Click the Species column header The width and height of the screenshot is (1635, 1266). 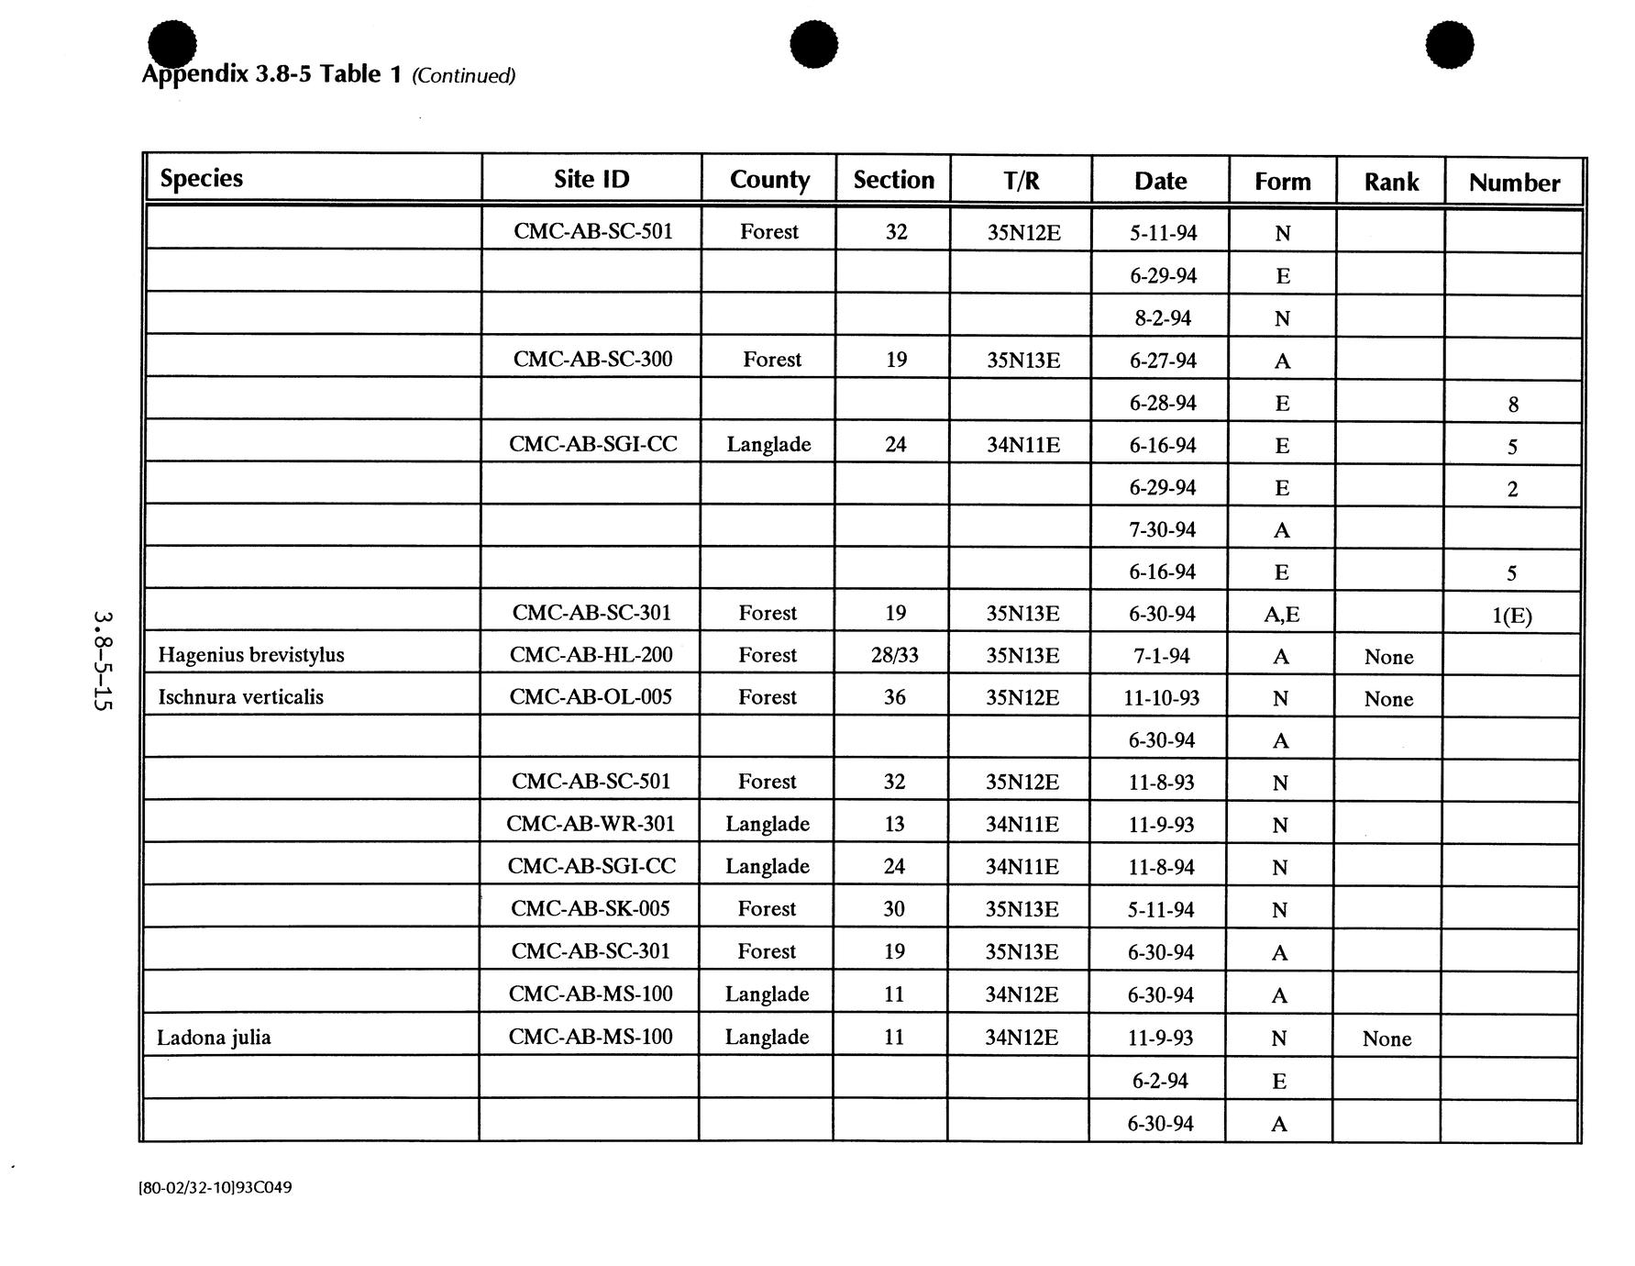(202, 178)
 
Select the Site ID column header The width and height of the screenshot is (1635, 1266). (591, 179)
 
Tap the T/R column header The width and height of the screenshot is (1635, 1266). (1022, 180)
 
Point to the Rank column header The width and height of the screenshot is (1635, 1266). (1391, 182)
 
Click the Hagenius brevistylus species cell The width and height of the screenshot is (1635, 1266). (251, 655)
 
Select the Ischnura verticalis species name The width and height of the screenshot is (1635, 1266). (241, 697)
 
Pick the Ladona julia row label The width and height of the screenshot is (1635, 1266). (214, 1038)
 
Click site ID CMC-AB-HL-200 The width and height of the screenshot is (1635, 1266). (591, 655)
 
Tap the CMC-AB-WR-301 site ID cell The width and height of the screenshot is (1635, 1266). (591, 824)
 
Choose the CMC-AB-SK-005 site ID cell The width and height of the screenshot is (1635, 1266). (591, 908)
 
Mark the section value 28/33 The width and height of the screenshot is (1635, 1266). (895, 655)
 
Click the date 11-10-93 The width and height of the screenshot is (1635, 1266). (1162, 698)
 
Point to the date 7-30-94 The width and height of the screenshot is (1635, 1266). (1162, 530)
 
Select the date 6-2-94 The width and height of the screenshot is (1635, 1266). (1160, 1081)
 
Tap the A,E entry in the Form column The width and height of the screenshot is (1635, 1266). (1281, 614)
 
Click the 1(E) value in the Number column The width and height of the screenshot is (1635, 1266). (1512, 615)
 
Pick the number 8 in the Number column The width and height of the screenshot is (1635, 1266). (1513, 405)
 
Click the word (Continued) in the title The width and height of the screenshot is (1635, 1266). (464, 75)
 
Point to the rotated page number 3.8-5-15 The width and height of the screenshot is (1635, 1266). (103, 661)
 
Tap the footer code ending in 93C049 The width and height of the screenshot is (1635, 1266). (215, 1187)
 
